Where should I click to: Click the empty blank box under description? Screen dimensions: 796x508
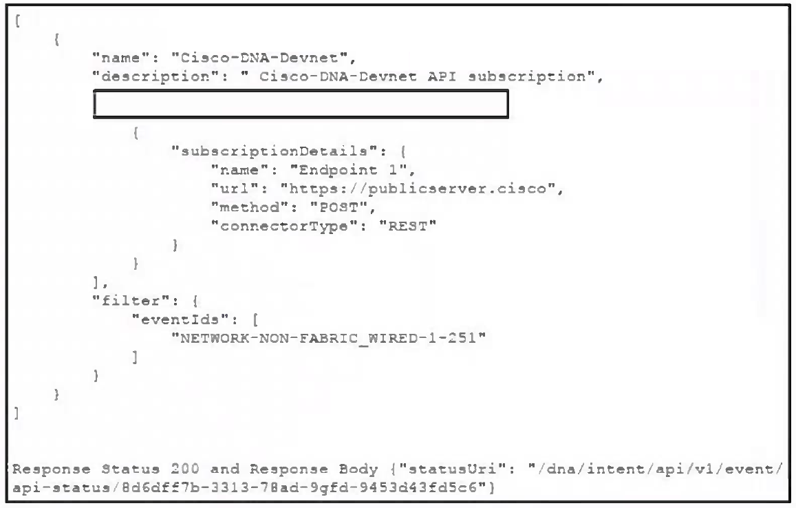301,104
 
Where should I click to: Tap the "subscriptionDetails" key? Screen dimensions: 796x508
275,151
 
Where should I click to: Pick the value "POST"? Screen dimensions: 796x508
338,207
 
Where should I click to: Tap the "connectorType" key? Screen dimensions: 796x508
284,226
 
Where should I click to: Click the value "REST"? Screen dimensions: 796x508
408,226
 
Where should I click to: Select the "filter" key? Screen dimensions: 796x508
131,301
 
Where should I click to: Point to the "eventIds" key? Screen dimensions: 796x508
180,319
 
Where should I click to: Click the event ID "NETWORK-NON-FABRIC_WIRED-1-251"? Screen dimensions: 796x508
328,339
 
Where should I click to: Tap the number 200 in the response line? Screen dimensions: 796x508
185,469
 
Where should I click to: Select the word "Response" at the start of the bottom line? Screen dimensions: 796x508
52,469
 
